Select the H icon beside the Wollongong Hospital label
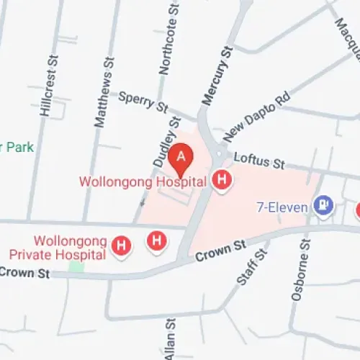point(223,180)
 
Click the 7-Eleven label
point(283,207)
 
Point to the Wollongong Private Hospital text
point(59,247)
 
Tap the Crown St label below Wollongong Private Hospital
point(25,273)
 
